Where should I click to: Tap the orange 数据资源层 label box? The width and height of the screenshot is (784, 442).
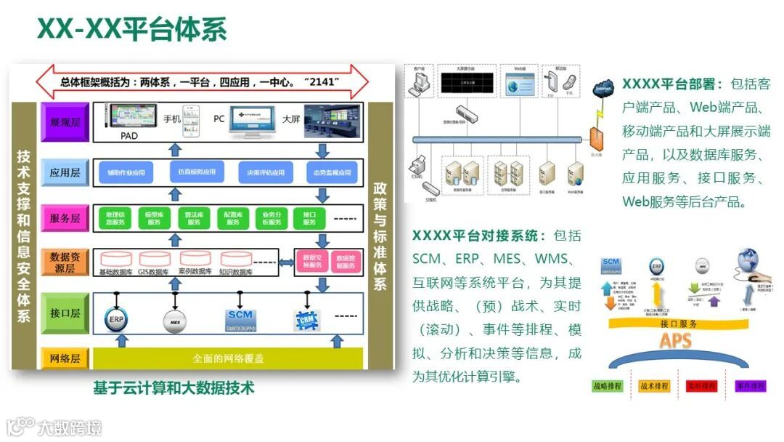click(65, 262)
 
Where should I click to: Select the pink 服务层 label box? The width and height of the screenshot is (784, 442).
click(65, 217)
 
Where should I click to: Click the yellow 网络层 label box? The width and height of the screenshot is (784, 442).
click(65, 358)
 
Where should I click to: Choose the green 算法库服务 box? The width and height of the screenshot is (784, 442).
click(193, 218)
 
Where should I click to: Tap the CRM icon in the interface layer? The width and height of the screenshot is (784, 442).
click(307, 318)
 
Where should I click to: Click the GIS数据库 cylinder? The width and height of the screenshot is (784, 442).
click(155, 260)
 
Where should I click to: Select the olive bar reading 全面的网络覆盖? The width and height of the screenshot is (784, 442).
click(228, 358)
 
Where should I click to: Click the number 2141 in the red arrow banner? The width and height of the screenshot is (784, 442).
click(322, 82)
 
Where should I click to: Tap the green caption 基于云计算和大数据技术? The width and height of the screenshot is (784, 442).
click(173, 387)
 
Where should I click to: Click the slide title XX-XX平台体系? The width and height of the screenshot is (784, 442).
click(132, 29)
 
